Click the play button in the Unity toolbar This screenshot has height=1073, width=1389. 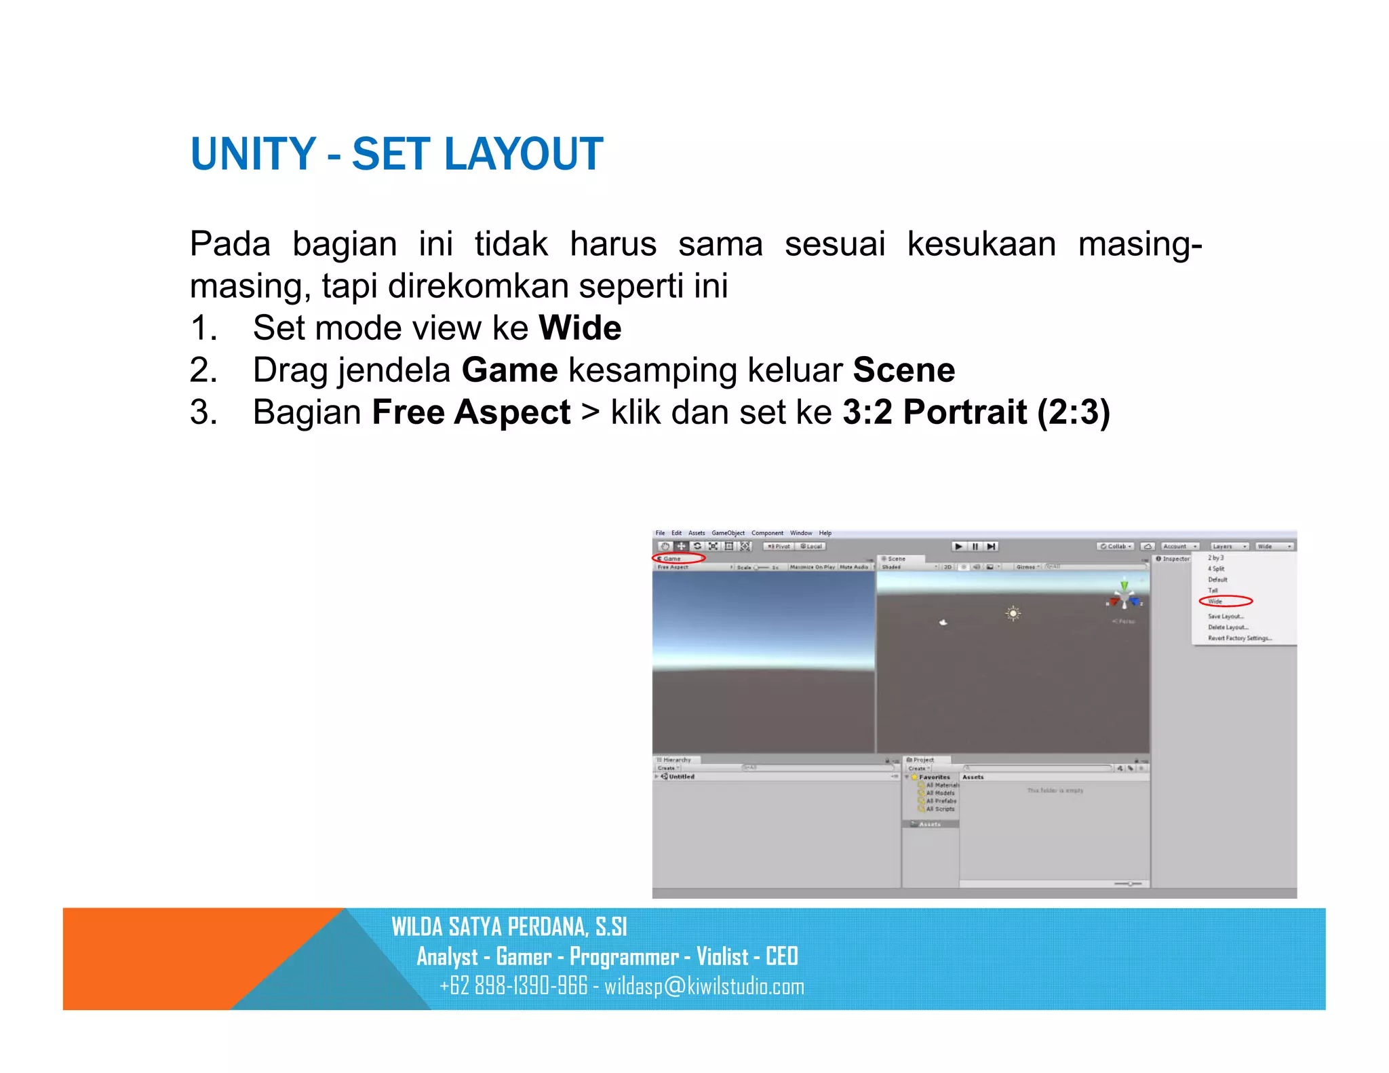tap(958, 546)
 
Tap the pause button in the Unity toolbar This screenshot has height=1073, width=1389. tap(975, 546)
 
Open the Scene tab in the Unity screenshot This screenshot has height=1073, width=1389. tap(896, 559)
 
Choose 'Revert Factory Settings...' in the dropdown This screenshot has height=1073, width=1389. tap(1239, 638)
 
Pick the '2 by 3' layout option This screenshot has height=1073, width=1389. tap(1215, 558)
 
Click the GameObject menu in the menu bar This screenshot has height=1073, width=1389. tap(728, 533)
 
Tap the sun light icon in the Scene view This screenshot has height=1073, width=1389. tap(1013, 613)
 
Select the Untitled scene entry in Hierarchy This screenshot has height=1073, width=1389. tap(681, 777)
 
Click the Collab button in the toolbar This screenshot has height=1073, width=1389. tap(1115, 546)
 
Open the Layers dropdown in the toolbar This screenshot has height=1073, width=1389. tap(1229, 546)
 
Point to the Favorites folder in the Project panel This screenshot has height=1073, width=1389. tap(934, 777)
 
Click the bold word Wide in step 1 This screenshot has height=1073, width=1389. tap(580, 328)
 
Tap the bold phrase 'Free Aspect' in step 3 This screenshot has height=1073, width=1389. tap(471, 412)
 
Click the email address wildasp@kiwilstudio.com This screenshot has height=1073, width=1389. tap(704, 986)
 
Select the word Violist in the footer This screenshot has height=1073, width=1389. tap(722, 956)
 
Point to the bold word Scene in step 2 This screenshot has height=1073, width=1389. tap(903, 370)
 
